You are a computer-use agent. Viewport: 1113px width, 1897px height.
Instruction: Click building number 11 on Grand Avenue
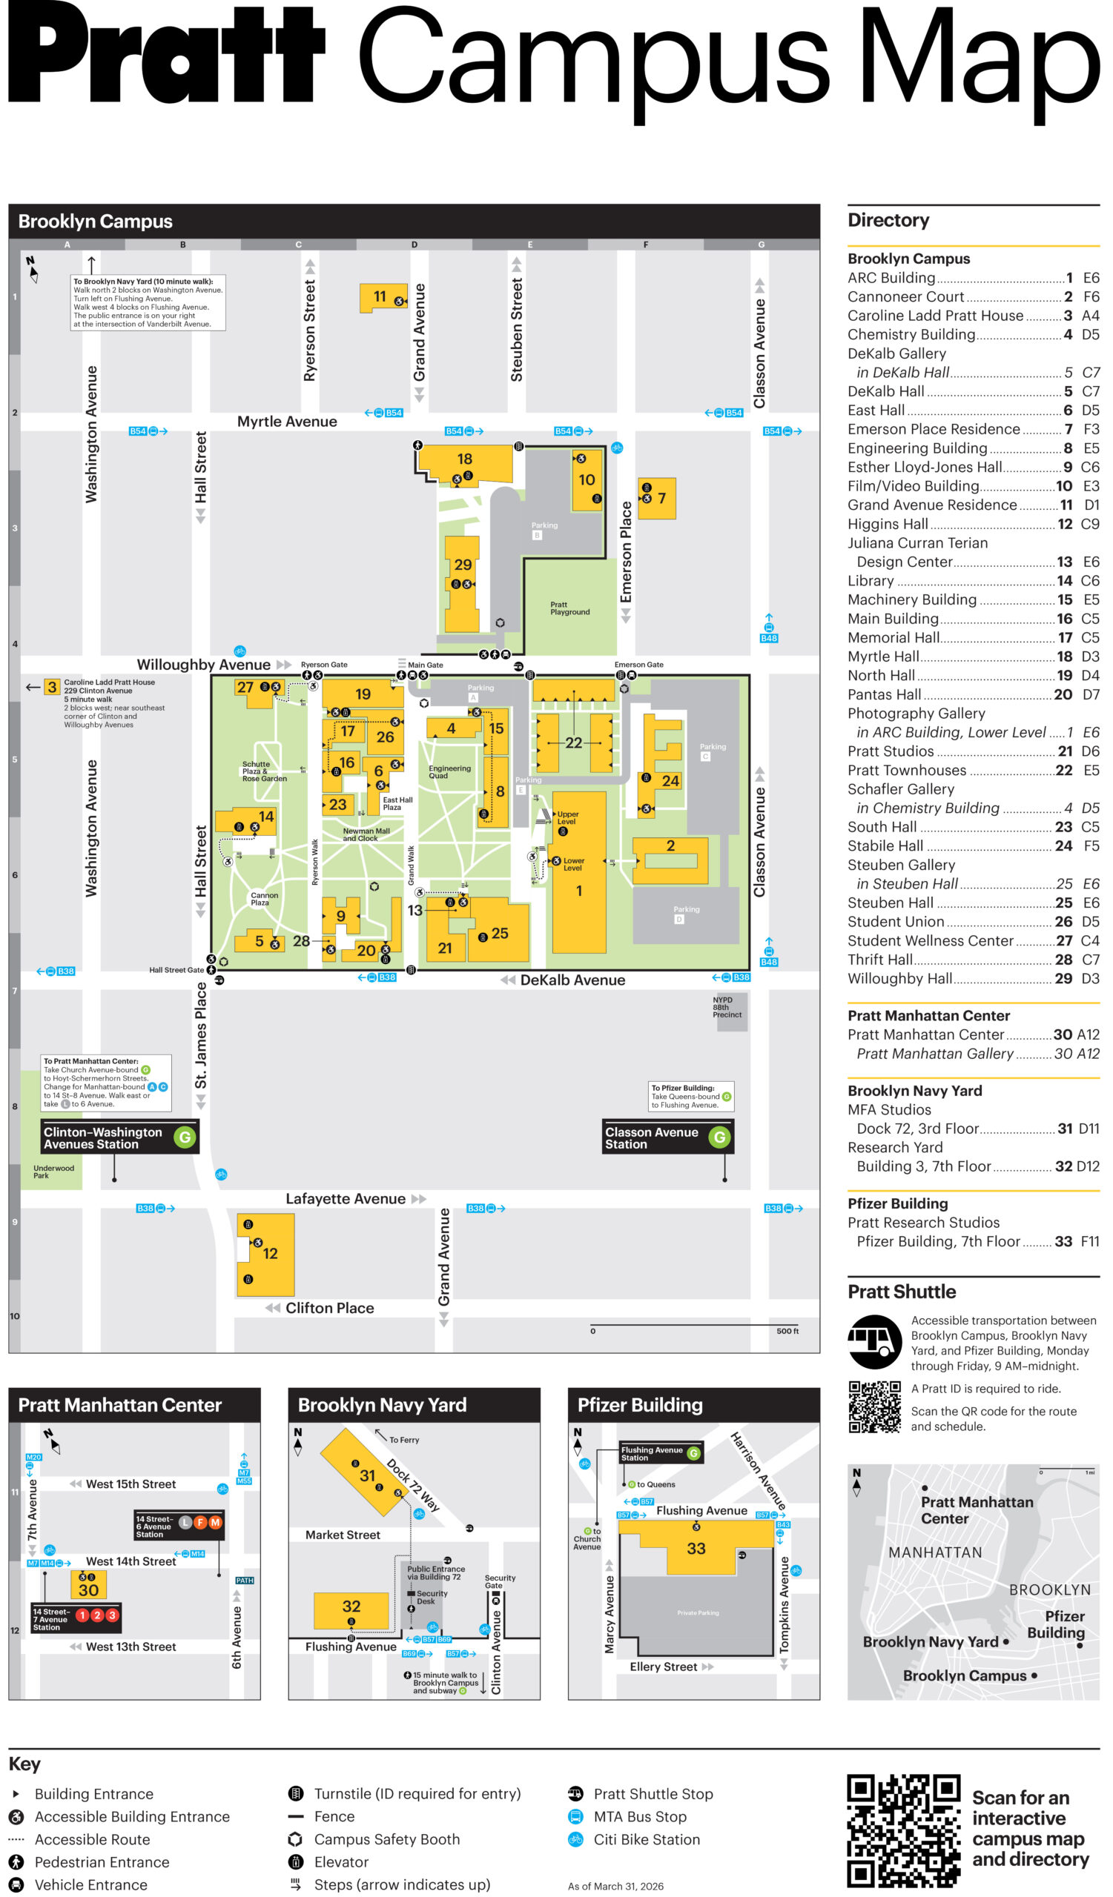(380, 297)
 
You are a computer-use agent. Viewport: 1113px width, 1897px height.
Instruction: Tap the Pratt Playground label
(570, 609)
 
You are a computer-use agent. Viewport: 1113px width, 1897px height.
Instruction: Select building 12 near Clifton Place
(270, 1253)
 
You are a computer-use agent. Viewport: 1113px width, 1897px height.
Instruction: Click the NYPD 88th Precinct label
(727, 1007)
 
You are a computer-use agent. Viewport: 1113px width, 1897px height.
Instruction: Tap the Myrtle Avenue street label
(287, 422)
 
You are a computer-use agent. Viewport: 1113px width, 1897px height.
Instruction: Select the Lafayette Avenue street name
(346, 1199)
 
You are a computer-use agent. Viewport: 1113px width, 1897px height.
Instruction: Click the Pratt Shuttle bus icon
(874, 1342)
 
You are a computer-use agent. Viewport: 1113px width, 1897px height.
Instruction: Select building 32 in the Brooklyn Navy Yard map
(351, 1607)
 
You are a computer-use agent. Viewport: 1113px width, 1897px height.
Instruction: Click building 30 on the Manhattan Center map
(89, 1591)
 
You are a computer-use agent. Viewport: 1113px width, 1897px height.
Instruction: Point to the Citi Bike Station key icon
(575, 1840)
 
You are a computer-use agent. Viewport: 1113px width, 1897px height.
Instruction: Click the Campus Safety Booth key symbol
(296, 1840)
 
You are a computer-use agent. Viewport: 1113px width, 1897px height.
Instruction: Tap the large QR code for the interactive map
(903, 1831)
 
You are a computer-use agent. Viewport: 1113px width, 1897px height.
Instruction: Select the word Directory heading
(888, 221)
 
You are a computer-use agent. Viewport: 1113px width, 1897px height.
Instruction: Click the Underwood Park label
(53, 1172)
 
